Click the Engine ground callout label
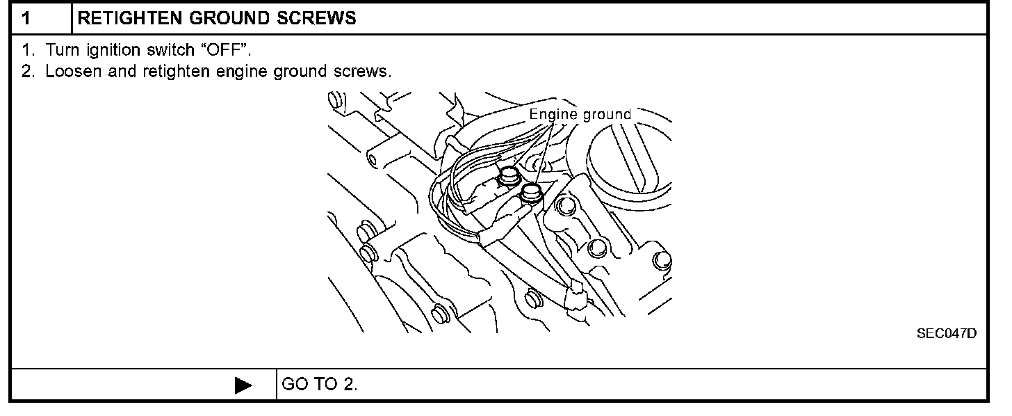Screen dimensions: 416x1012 click(x=580, y=114)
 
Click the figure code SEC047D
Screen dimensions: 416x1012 click(x=946, y=335)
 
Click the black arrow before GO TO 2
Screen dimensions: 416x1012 click(x=243, y=385)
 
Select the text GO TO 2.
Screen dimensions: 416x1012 click(x=320, y=385)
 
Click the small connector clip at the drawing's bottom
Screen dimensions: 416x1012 click(x=575, y=296)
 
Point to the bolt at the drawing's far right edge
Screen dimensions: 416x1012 click(x=661, y=261)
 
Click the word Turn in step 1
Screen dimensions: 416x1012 click(x=59, y=51)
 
